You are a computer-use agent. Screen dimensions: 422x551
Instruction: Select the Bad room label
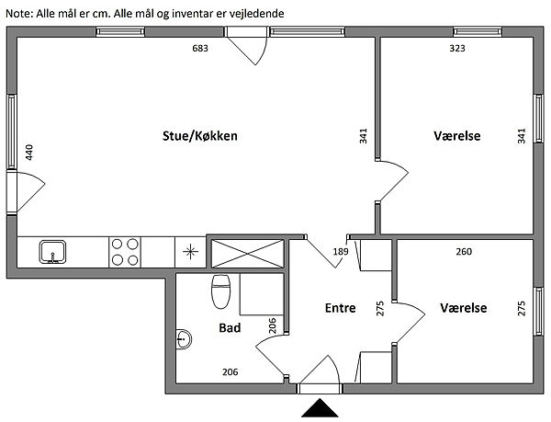(230, 326)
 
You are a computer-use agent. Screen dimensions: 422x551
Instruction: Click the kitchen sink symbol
(52, 250)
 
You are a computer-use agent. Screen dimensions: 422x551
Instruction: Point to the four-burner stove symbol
(125, 251)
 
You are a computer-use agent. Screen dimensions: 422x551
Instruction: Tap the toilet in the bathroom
(220, 293)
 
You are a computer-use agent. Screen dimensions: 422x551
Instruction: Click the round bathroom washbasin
(185, 340)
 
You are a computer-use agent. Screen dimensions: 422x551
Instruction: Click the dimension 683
(200, 48)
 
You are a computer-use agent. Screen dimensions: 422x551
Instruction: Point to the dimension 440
(29, 153)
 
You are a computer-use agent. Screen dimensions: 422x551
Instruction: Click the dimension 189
(340, 251)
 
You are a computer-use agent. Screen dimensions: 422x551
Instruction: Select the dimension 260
(465, 250)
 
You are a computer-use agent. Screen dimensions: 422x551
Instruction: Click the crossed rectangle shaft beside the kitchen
(247, 252)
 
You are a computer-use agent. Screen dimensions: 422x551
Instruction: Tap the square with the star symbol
(191, 251)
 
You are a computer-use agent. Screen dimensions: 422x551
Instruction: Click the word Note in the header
(19, 14)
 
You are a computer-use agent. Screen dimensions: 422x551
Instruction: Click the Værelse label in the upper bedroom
(457, 136)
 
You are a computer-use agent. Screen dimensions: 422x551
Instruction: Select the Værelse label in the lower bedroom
(463, 307)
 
